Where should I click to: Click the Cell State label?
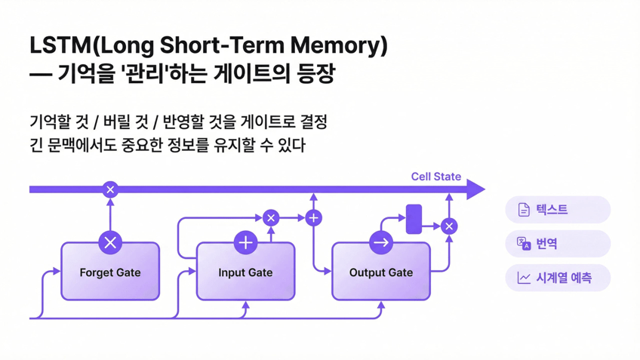tap(435, 177)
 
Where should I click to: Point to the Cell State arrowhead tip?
tap(483, 189)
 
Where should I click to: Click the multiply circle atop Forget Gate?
tap(110, 242)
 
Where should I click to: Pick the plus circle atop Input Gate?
tap(245, 242)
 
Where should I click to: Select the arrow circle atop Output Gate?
tap(380, 242)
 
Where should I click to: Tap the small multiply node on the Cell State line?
tap(110, 189)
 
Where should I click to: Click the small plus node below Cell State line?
tap(313, 218)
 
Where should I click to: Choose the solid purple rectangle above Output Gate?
tap(414, 219)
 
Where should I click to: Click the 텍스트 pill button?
tap(558, 210)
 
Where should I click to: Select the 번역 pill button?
tap(558, 244)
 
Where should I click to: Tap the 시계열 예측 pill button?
tap(558, 278)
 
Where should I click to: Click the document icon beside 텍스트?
tap(524, 210)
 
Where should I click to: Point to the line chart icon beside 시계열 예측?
tap(524, 278)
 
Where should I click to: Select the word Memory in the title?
tap(339, 45)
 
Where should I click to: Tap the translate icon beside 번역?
tap(524, 243)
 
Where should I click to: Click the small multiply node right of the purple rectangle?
tap(449, 226)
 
